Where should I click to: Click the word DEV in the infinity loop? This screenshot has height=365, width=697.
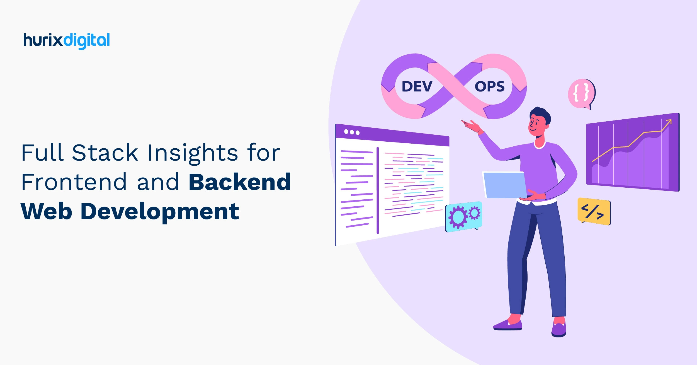(x=417, y=86)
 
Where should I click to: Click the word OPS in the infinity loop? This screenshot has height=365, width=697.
(x=489, y=86)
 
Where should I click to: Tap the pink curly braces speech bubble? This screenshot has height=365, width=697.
(x=581, y=93)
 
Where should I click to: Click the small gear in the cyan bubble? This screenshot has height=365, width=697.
(x=474, y=213)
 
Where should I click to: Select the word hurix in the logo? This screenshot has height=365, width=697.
(x=43, y=40)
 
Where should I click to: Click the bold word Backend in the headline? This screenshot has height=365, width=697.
(x=240, y=182)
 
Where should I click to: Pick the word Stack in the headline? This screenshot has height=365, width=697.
(x=105, y=153)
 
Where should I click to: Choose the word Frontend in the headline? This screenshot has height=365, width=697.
(x=74, y=182)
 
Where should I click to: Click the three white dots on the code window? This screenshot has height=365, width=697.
(x=352, y=132)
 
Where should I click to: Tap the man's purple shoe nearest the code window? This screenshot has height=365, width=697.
(x=507, y=325)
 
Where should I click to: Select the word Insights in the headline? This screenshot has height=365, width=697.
(x=192, y=153)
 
